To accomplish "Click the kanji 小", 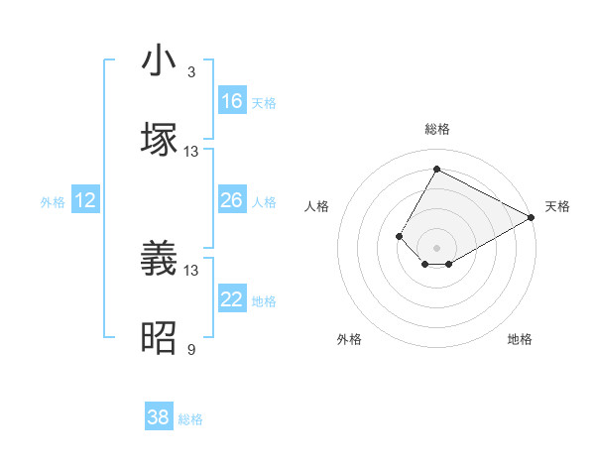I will click(x=159, y=61).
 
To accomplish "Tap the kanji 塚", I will click(x=159, y=140).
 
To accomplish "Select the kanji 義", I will click(x=159, y=260).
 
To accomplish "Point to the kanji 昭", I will click(x=159, y=339).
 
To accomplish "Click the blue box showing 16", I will click(x=232, y=100).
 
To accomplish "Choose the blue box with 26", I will click(x=232, y=200).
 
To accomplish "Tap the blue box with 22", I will click(x=232, y=299).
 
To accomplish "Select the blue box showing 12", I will click(x=85, y=200).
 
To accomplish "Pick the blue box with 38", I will click(x=159, y=417).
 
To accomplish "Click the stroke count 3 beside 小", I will click(x=191, y=72).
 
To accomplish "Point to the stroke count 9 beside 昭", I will click(x=191, y=349).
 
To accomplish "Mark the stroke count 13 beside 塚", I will click(x=191, y=152).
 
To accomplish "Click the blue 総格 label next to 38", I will click(x=191, y=419).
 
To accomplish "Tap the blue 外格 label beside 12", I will click(x=53, y=201).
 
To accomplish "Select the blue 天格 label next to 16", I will click(x=264, y=102).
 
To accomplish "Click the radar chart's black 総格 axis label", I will click(x=436, y=129).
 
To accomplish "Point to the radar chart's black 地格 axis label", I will click(x=520, y=339).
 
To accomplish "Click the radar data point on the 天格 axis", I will click(x=532, y=217).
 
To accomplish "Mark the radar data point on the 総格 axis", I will click(x=436, y=169).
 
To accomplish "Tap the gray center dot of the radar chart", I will click(x=436, y=247).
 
